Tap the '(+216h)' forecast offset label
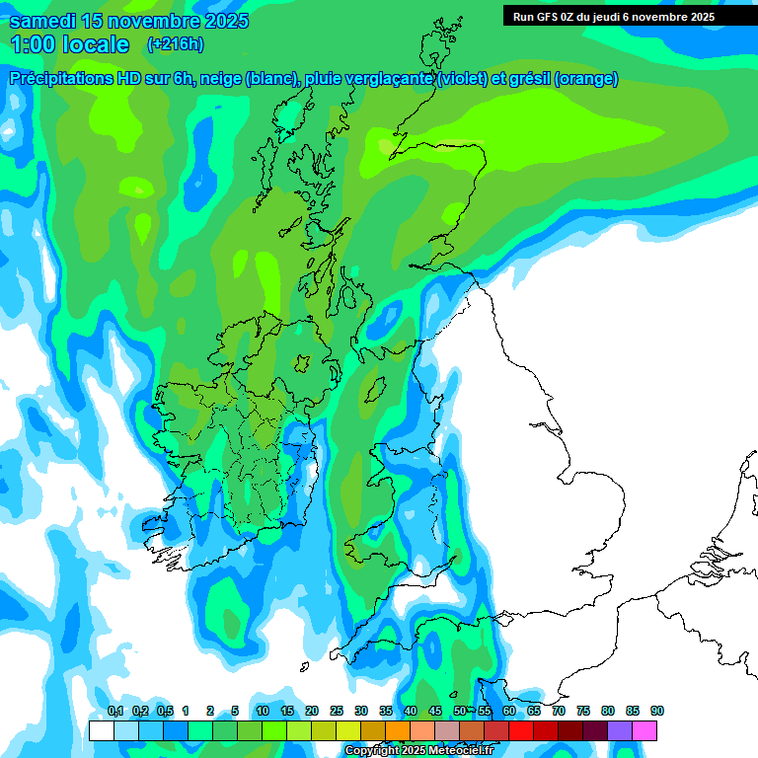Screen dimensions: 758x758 click(177, 44)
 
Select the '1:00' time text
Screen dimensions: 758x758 click(33, 44)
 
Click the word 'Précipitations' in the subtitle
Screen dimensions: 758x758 click(64, 79)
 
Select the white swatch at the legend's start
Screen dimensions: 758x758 click(101, 731)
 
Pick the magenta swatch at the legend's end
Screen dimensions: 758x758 click(644, 731)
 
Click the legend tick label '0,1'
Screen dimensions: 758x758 click(114, 712)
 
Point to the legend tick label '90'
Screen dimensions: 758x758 click(657, 712)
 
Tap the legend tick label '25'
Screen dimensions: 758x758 click(337, 712)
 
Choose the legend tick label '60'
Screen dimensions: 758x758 click(509, 712)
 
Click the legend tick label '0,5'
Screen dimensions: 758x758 click(165, 712)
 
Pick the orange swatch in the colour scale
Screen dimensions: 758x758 click(398, 731)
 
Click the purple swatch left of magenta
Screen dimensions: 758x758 click(620, 731)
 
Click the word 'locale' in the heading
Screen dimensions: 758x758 click(96, 44)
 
